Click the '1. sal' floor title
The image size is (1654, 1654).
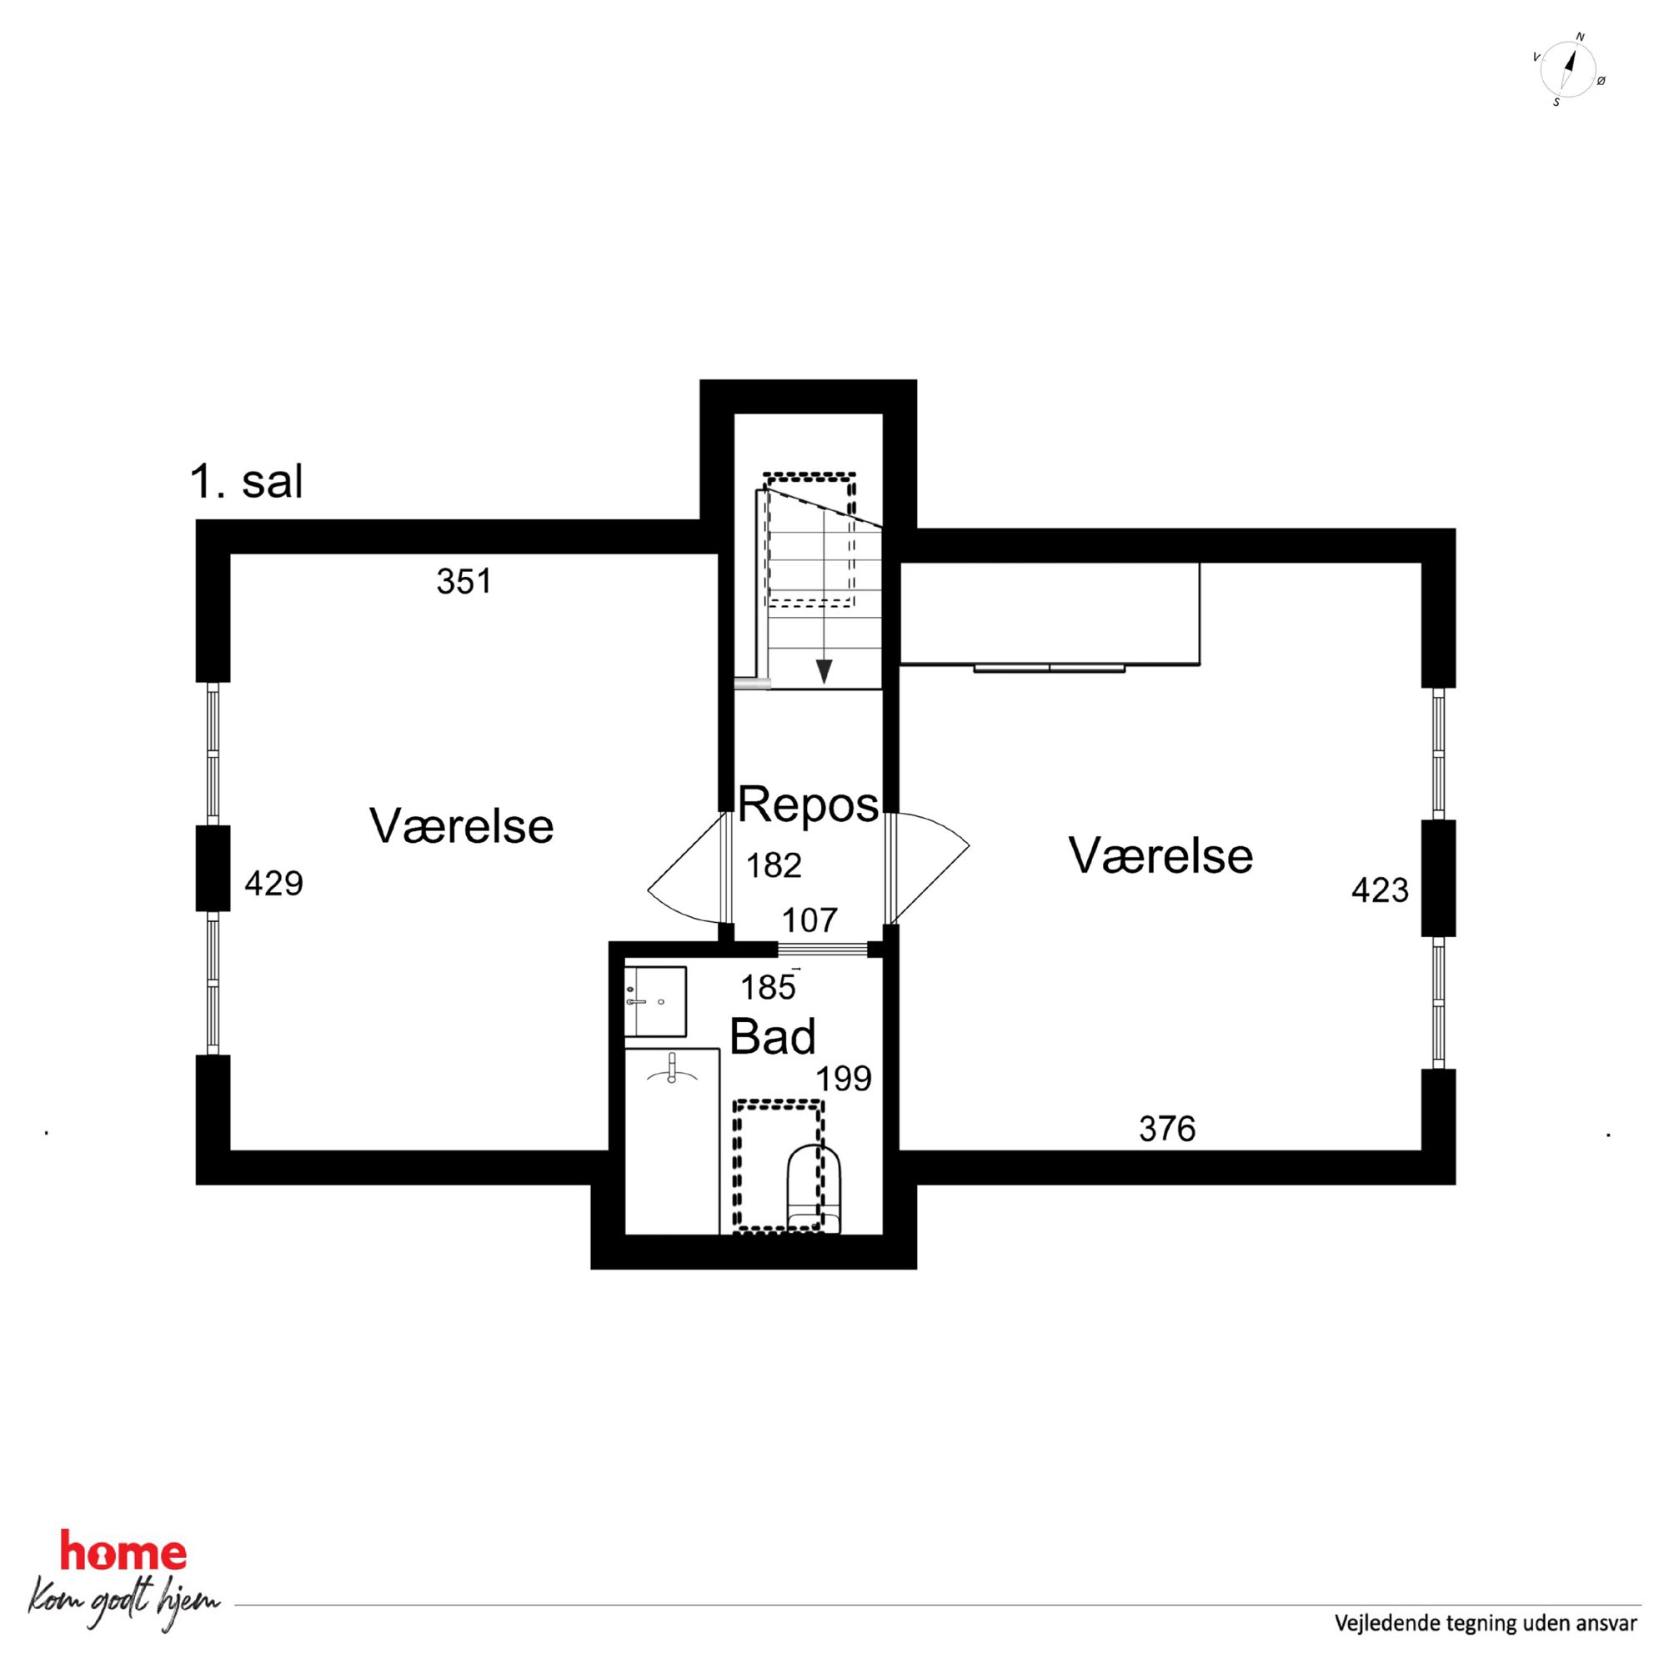247,482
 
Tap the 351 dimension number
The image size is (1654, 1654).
464,582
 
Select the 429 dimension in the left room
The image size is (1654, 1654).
274,884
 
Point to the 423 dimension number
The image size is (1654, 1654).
1380,890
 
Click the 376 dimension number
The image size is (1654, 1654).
1167,1130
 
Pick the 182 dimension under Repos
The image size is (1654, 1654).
774,865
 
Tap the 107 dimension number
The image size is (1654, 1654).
809,920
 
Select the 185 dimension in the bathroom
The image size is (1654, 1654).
768,988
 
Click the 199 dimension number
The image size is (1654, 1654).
844,1079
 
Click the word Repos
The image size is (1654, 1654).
808,805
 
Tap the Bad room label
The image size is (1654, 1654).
772,1037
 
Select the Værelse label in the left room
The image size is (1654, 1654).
462,826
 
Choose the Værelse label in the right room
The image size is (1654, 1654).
1160,855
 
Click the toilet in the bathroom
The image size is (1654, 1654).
814,1189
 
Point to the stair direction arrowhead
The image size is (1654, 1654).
824,672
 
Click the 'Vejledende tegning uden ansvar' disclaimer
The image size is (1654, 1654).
1486,1622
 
